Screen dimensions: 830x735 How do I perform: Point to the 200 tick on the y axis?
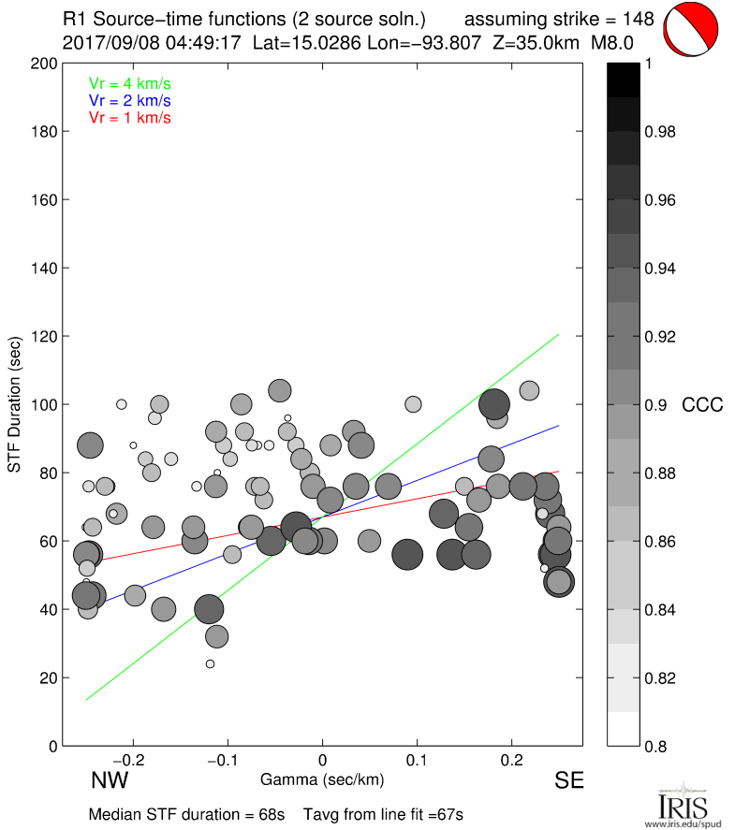(x=43, y=64)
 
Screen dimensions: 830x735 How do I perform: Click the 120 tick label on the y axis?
(x=43, y=336)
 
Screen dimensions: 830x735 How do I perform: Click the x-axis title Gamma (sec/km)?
(x=322, y=779)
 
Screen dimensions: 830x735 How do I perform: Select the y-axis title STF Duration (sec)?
(x=15, y=404)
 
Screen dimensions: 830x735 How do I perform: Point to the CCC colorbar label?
(x=701, y=405)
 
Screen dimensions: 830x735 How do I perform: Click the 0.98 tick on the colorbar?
(x=659, y=132)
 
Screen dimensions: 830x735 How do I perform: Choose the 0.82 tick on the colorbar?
(x=659, y=677)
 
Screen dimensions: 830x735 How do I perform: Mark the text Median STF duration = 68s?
(x=186, y=814)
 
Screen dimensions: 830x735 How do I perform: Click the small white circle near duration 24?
(x=210, y=663)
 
